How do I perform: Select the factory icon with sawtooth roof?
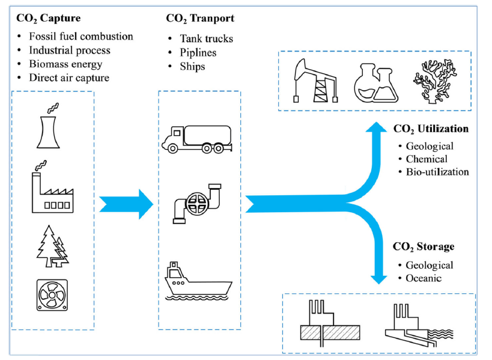52,193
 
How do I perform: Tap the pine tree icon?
52,246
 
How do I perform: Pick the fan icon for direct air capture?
52,295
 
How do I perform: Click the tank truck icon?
197,139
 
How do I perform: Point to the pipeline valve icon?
197,203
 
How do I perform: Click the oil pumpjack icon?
315,81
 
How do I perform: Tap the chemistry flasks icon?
376,83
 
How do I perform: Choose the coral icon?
435,81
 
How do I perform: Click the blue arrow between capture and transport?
126,204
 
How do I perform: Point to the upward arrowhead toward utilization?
376,127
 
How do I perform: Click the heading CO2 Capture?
48,18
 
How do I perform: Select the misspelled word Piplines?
198,52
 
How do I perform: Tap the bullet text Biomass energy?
65,64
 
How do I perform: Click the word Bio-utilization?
437,172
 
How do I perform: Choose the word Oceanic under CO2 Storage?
424,278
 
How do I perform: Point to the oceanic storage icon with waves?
419,325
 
